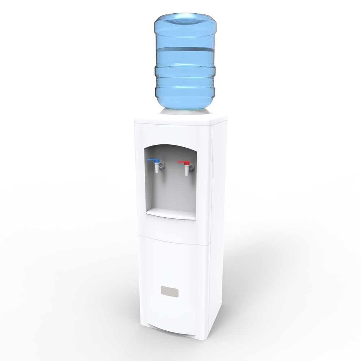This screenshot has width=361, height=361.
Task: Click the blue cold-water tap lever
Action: coord(153,160)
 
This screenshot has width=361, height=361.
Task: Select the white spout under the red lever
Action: coord(187,170)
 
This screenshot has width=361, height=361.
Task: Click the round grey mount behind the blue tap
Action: coord(161,164)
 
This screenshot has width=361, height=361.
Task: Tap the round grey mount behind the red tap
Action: coord(191,166)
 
